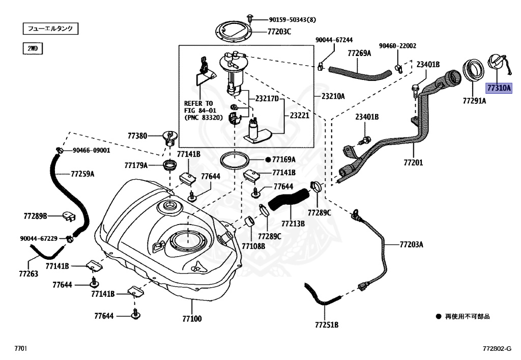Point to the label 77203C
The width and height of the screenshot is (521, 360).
coord(279,32)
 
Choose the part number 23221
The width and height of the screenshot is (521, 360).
coord(300,116)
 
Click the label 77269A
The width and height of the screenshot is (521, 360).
coord(359,52)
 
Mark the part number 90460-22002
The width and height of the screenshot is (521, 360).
coord(397,45)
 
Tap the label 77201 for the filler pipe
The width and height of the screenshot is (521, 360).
coord(413,163)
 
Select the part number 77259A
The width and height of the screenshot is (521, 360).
coord(82,174)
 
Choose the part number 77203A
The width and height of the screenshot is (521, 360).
coord(411,244)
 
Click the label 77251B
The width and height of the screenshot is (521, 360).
coord(326,324)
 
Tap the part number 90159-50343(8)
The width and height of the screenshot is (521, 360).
coord(293,20)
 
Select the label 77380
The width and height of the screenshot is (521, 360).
coord(137,136)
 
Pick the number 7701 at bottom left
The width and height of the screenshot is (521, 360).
coord(20,349)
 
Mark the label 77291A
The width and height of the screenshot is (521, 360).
coord(474,101)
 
